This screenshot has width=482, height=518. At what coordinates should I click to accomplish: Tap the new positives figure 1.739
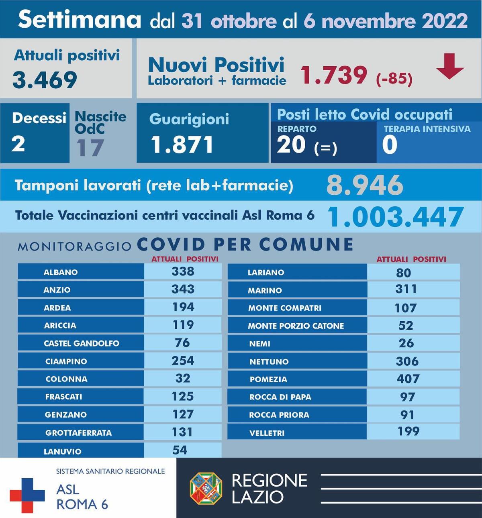click(x=334, y=75)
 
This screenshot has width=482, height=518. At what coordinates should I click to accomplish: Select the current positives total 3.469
click(x=45, y=80)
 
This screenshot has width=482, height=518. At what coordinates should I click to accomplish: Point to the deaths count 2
click(x=18, y=144)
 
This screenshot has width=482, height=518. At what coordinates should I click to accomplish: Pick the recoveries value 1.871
click(x=182, y=145)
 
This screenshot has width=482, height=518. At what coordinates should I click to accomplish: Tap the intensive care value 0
click(x=389, y=145)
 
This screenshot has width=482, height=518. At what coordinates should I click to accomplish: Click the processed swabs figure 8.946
click(x=364, y=185)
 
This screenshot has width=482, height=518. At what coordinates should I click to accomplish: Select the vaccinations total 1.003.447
click(x=396, y=217)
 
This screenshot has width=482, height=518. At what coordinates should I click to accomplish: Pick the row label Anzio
click(x=57, y=290)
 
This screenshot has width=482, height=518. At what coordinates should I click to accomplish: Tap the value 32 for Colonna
click(x=183, y=378)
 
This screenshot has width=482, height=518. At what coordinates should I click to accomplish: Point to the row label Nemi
click(x=259, y=344)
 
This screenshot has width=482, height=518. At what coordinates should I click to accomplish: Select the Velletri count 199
click(x=408, y=431)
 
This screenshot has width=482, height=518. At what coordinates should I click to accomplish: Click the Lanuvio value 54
click(x=180, y=450)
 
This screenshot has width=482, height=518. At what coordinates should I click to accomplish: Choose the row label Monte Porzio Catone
click(x=296, y=326)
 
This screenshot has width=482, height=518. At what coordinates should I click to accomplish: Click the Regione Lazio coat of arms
click(x=206, y=488)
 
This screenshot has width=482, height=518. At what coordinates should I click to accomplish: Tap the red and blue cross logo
click(x=27, y=495)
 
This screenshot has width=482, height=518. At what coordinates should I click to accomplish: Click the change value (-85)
click(x=394, y=78)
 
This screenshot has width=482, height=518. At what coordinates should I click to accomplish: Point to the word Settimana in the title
click(x=80, y=20)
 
